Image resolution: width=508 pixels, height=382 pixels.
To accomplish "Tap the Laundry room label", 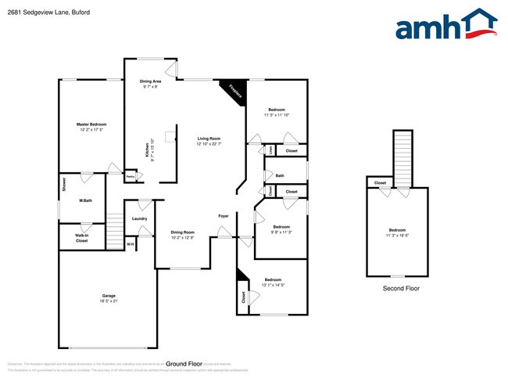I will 140,218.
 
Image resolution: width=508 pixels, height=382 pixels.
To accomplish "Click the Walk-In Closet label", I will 81,238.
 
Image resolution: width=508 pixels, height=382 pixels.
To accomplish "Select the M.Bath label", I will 87,201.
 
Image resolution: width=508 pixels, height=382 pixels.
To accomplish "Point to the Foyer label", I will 223,215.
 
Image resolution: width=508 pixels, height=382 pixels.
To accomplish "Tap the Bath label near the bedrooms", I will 280,175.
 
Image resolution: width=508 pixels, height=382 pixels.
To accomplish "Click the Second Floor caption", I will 401,289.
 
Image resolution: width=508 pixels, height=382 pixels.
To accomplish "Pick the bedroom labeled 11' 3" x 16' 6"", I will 399,232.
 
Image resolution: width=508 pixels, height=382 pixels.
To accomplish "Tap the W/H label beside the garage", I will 131,245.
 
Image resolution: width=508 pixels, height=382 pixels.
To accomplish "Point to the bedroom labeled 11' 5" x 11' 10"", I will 277,112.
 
